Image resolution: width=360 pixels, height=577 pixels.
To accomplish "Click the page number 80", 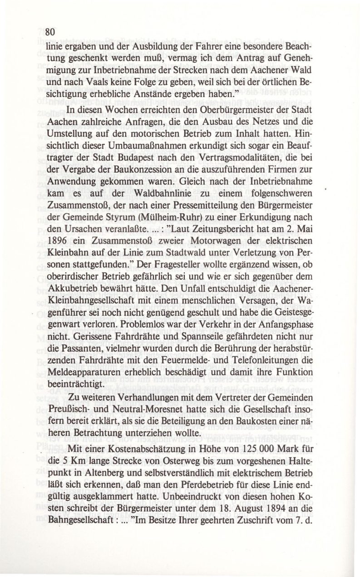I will click(x=49, y=31).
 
